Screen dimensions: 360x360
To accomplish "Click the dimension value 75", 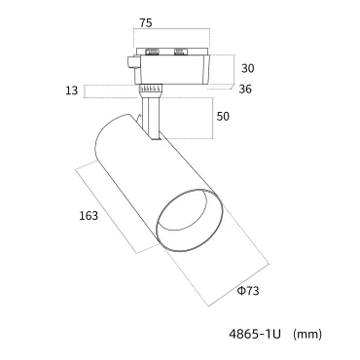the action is coord(146,23).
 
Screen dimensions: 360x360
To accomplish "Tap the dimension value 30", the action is coord(248,68).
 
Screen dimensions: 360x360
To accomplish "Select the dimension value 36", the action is coord(245,90).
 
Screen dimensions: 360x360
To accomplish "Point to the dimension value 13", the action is coord(72,90).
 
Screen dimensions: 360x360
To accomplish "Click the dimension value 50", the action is coord(223,117).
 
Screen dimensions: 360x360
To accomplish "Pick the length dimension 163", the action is coord(89,216).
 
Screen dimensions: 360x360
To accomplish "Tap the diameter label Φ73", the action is coord(248,291).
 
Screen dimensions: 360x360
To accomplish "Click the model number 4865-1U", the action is coord(255,334).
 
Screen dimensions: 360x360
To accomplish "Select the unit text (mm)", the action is coord(307,334).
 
